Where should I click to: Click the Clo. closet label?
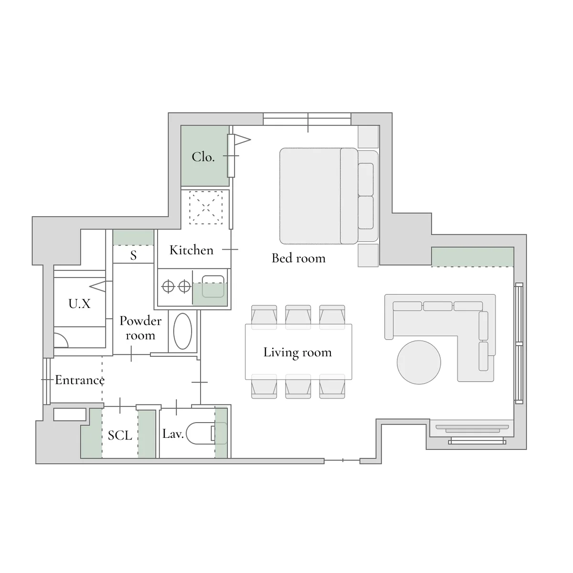[203, 157]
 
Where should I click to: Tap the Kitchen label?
[191, 250]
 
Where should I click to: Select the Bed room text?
[298, 258]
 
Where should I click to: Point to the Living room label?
[297, 353]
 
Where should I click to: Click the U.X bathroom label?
[79, 304]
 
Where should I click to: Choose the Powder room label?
[140, 328]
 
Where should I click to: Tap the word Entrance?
[80, 380]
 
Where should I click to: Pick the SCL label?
[120, 435]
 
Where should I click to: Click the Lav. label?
[173, 434]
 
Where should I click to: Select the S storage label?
[134, 255]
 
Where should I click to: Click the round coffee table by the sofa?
[419, 362]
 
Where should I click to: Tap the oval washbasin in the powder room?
[182, 331]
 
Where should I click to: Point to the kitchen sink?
[213, 286]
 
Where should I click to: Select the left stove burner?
[168, 286]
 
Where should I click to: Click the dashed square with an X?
[206, 207]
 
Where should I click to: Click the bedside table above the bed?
[368, 137]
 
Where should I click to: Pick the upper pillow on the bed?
[365, 180]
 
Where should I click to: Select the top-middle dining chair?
[298, 317]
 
